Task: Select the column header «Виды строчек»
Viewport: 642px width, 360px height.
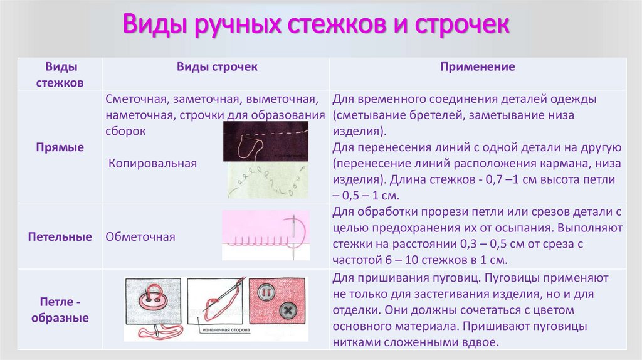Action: pyautogui.click(x=217, y=66)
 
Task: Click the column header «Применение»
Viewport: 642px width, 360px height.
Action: pyautogui.click(x=478, y=66)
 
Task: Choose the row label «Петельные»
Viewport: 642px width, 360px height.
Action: pyautogui.click(x=60, y=237)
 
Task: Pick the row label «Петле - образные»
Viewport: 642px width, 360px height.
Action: pyautogui.click(x=60, y=309)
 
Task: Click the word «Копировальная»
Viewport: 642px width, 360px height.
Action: pyautogui.click(x=152, y=163)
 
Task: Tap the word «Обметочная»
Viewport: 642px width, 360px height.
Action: pyautogui.click(x=140, y=237)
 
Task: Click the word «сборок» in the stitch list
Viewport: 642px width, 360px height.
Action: pyautogui.click(x=126, y=132)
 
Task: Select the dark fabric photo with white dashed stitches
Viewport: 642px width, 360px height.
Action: pyautogui.click(x=266, y=141)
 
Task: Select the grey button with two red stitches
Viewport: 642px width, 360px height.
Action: pyautogui.click(x=265, y=292)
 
